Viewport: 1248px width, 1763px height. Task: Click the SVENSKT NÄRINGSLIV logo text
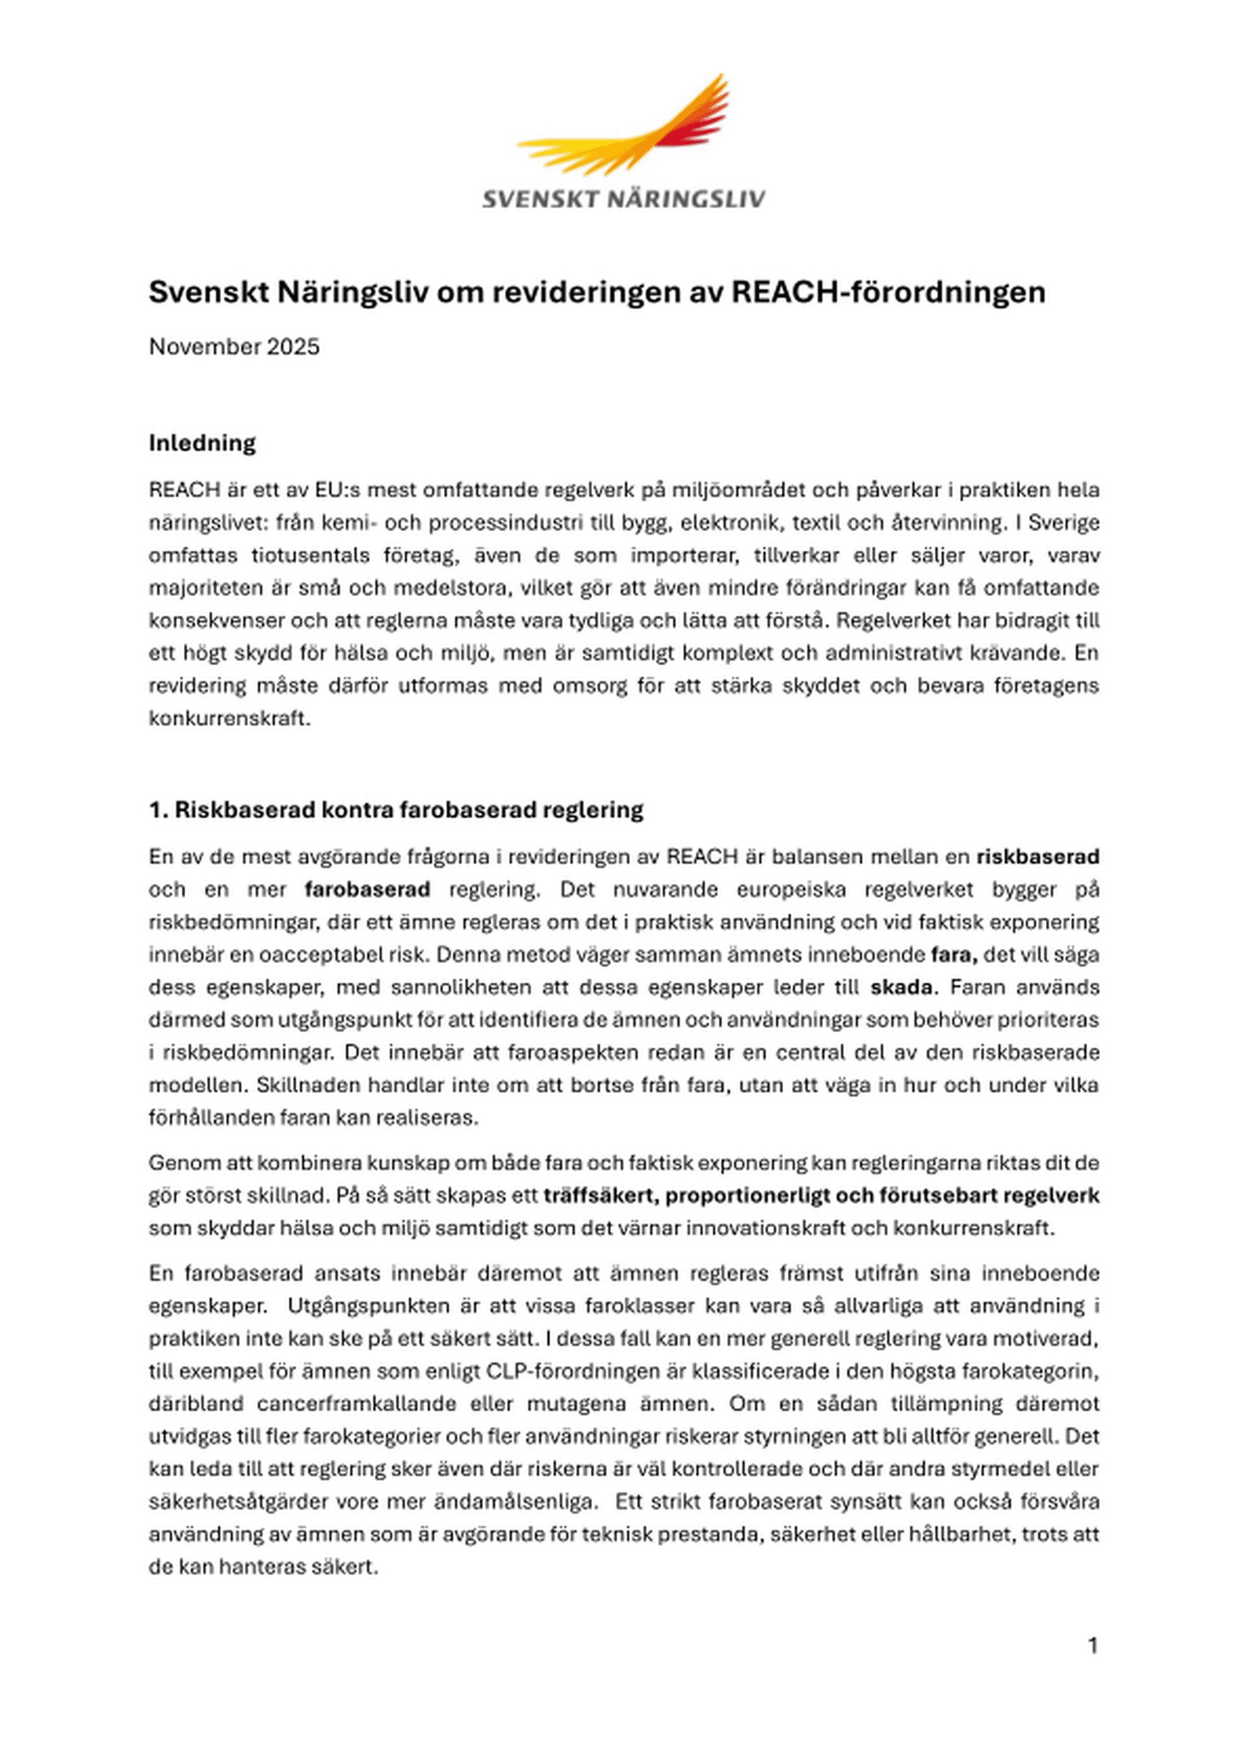coord(623,199)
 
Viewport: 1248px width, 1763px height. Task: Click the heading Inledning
coord(202,443)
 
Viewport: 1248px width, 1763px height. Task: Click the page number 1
coord(1092,1645)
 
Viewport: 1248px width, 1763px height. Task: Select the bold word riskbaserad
coord(1037,856)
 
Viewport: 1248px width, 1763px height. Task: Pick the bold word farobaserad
coord(367,889)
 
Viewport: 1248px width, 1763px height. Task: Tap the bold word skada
coord(901,986)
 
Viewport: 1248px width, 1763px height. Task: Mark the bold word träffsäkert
coord(599,1195)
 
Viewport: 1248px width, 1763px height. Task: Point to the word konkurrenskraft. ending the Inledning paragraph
coord(229,718)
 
